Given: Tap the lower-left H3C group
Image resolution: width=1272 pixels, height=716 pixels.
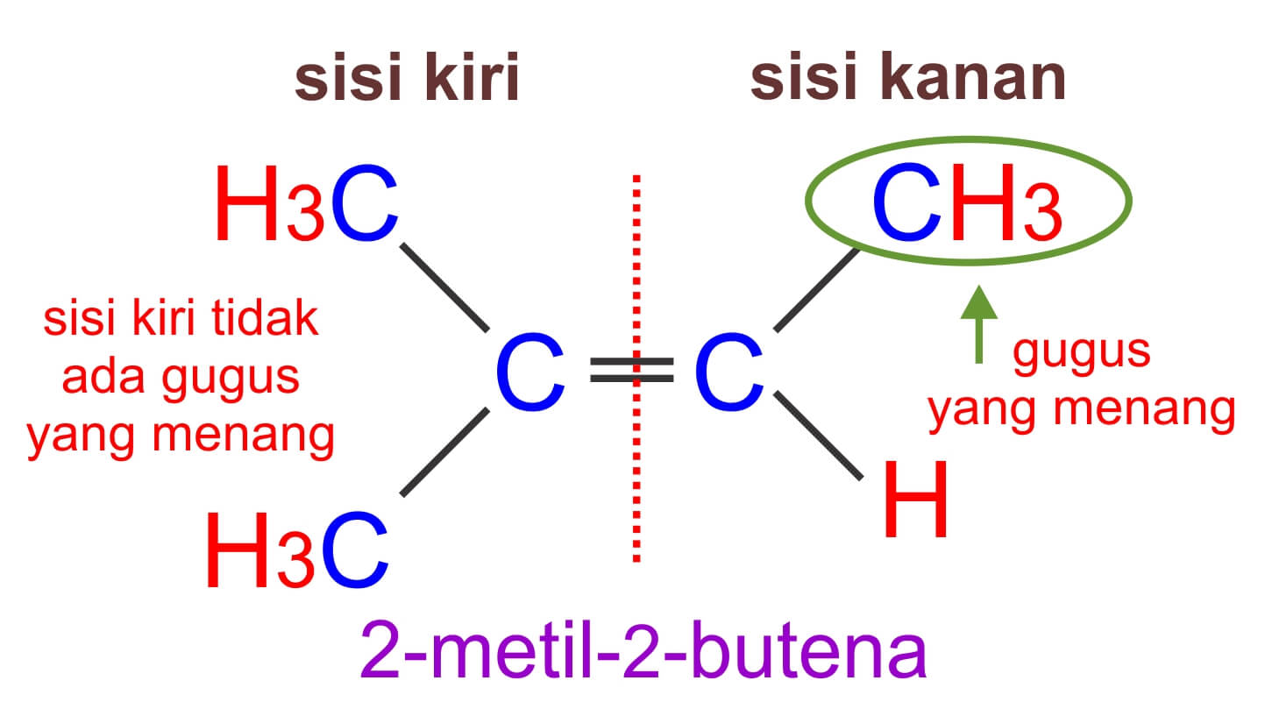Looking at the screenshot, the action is pyautogui.click(x=297, y=550).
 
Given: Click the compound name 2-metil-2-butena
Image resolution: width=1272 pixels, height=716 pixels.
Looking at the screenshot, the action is pyautogui.click(x=643, y=651).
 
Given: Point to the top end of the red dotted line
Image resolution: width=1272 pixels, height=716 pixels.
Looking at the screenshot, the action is pyautogui.click(x=636, y=179).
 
